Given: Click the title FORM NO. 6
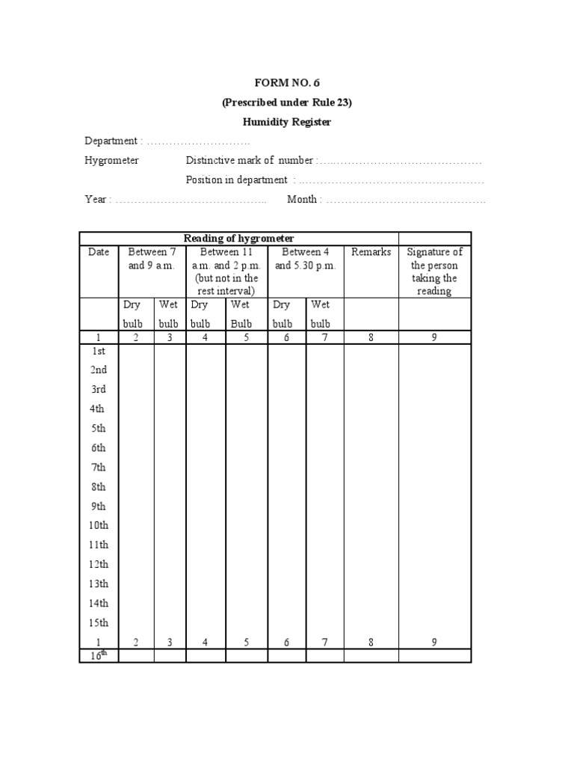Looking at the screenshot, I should [287, 83].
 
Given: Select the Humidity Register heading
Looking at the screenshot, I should [287, 122].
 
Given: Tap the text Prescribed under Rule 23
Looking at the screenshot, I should [287, 102].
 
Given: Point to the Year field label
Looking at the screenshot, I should [98, 200].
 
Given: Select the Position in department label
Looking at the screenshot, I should [237, 180].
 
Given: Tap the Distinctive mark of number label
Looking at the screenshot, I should [250, 161].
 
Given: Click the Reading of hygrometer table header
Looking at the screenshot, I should [238, 238].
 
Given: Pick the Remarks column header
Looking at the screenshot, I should [371, 253].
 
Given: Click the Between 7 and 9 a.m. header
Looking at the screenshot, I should [152, 259].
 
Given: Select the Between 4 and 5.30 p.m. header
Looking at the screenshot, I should [306, 259].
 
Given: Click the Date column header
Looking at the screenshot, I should [99, 253].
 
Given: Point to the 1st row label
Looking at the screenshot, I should [99, 351].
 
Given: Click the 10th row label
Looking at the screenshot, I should [99, 526].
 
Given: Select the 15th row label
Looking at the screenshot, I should [99, 623].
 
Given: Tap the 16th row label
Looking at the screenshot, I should [99, 655].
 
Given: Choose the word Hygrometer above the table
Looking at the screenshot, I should [112, 161].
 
